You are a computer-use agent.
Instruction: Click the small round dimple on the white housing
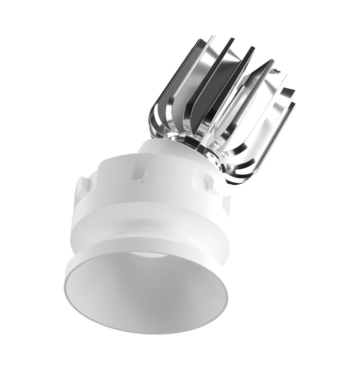141,181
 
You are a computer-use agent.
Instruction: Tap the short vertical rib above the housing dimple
140,173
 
